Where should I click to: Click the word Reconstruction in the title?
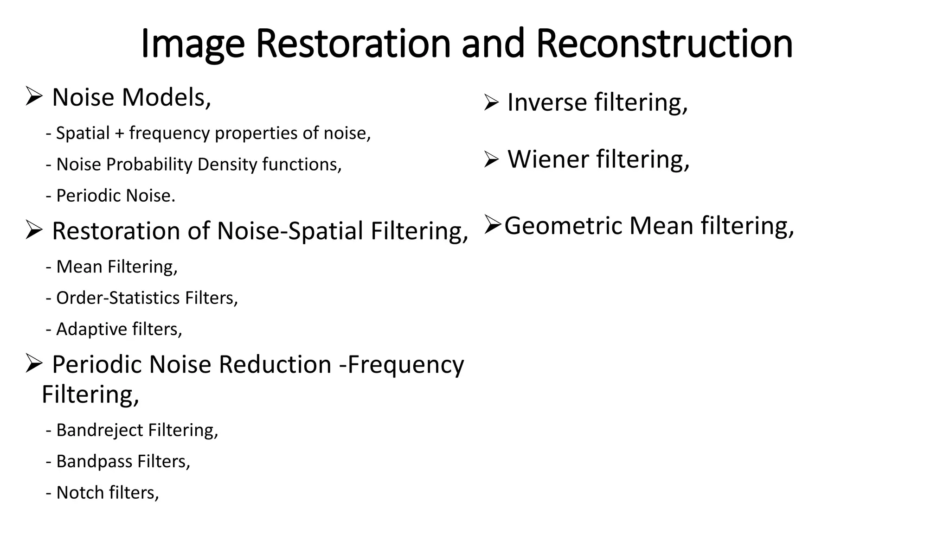click(664, 44)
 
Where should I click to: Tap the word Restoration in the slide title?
click(353, 44)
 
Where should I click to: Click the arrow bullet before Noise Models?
click(34, 96)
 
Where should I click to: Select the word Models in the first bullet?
click(166, 97)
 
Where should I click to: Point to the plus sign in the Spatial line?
click(120, 133)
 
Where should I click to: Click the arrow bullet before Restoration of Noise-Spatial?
click(34, 230)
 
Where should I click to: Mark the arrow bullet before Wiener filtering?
click(491, 159)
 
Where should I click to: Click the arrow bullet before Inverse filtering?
click(491, 102)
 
